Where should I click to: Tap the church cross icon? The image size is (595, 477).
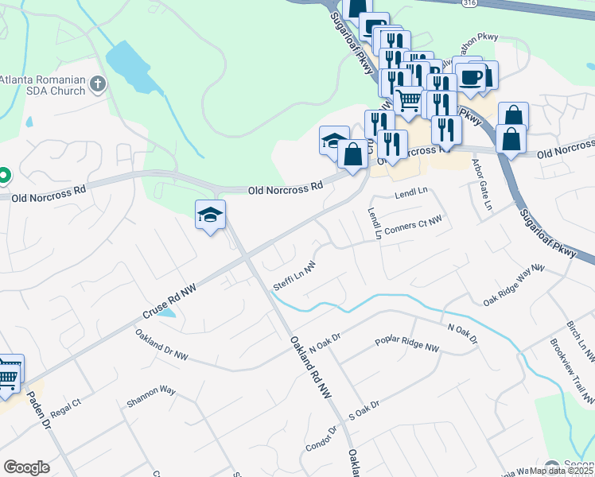click(x=97, y=83)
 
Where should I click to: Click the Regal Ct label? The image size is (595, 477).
click(x=66, y=408)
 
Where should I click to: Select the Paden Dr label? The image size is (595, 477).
click(x=39, y=409)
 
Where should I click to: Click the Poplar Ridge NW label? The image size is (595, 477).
click(x=406, y=347)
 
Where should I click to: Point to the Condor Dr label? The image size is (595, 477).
click(x=322, y=439)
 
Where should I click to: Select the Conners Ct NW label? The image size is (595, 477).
click(x=412, y=226)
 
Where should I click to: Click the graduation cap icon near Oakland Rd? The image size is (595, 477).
click(x=211, y=215)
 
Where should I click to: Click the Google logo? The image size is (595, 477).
click(x=26, y=467)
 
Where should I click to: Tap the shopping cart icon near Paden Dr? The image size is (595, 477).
click(x=7, y=375)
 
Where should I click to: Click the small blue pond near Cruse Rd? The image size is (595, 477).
click(x=167, y=312)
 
